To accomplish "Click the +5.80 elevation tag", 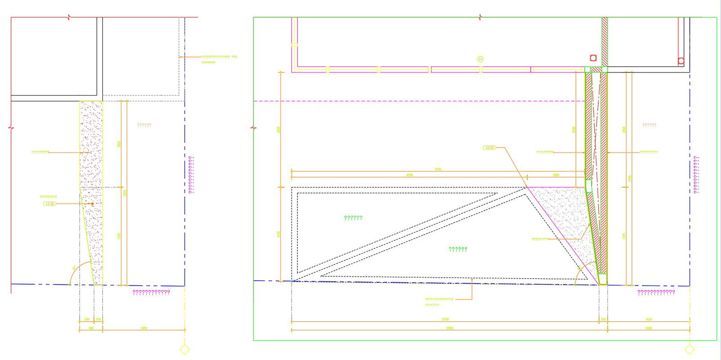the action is [x=50, y=204].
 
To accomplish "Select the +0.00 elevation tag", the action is [x=489, y=147].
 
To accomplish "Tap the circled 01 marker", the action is [x=480, y=59].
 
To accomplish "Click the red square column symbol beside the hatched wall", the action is [x=593, y=58].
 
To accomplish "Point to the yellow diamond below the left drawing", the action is [x=184, y=349].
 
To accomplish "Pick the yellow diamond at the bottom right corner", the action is [x=689, y=349].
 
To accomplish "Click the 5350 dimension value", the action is [x=445, y=319].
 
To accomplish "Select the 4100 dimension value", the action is [x=409, y=175].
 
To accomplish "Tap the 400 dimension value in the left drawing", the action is [x=91, y=328].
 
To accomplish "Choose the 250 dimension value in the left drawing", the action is [x=87, y=319].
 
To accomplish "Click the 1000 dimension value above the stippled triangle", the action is [x=556, y=175].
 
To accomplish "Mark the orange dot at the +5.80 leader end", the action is [x=92, y=204].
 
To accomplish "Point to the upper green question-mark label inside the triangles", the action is [x=353, y=218].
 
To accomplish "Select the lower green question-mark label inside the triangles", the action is [x=458, y=249].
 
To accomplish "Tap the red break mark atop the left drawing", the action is [x=68, y=18].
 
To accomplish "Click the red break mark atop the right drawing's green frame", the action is [x=480, y=18].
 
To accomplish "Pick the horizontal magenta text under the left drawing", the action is [x=151, y=292].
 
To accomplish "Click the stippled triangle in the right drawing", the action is [x=563, y=212].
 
